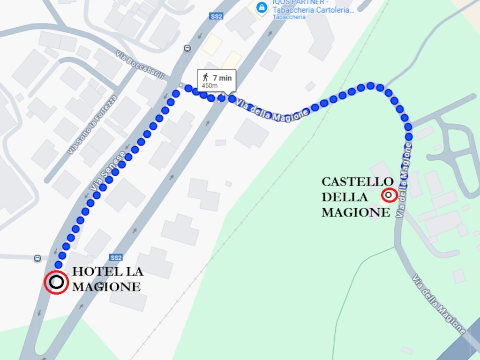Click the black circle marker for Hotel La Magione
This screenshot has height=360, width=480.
(x=57, y=282)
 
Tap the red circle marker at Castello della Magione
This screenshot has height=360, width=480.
(x=389, y=195)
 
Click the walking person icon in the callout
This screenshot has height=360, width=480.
(x=205, y=78)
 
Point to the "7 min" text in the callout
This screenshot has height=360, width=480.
(x=222, y=78)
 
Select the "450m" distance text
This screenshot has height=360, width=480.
(x=210, y=86)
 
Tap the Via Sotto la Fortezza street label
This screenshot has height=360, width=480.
(x=92, y=125)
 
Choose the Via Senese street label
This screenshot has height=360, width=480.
(x=107, y=172)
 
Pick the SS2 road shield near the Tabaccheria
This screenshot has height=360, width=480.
(x=216, y=16)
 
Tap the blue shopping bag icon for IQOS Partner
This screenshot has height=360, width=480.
(x=262, y=7)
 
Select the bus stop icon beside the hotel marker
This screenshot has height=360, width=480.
(x=37, y=258)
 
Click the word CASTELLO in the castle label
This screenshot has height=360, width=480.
(x=357, y=182)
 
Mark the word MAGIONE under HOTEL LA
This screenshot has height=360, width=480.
(x=106, y=287)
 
